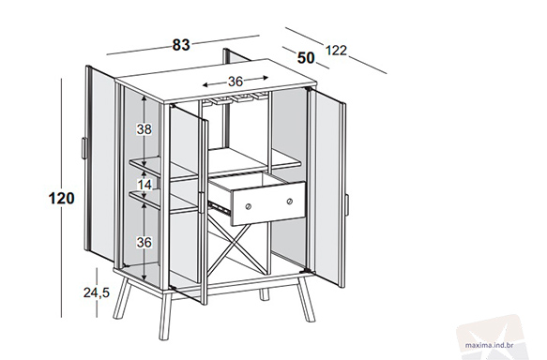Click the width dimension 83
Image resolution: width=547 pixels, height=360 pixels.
pyautogui.click(x=181, y=45)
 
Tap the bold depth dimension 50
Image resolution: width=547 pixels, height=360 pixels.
pyautogui.click(x=306, y=58)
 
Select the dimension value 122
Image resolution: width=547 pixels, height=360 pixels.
pyautogui.click(x=336, y=51)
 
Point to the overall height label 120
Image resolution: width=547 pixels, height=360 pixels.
pyautogui.click(x=61, y=199)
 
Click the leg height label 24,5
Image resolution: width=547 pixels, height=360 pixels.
pyautogui.click(x=97, y=292)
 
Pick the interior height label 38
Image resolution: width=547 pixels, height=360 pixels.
pyautogui.click(x=144, y=129)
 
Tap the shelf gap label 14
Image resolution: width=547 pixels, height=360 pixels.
pyautogui.click(x=144, y=185)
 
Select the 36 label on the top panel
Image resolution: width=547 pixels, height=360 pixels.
pyautogui.click(x=236, y=82)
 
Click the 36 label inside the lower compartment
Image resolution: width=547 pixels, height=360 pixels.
pyautogui.click(x=144, y=242)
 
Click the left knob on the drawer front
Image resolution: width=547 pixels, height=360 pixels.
pyautogui.click(x=248, y=206)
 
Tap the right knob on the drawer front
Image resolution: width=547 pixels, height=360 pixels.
pyautogui.click(x=290, y=201)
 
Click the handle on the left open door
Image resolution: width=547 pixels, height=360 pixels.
pyautogui.click(x=84, y=148)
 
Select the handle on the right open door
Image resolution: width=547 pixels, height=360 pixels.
pyautogui.click(x=346, y=205)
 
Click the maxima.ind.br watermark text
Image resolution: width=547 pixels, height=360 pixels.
pyautogui.click(x=489, y=345)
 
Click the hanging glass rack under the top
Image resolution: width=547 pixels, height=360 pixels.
pyautogui.click(x=236, y=97)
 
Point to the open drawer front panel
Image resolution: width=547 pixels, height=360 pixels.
pyautogui.click(x=268, y=203)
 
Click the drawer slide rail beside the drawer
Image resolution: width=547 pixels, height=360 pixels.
pyautogui.click(x=219, y=207)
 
